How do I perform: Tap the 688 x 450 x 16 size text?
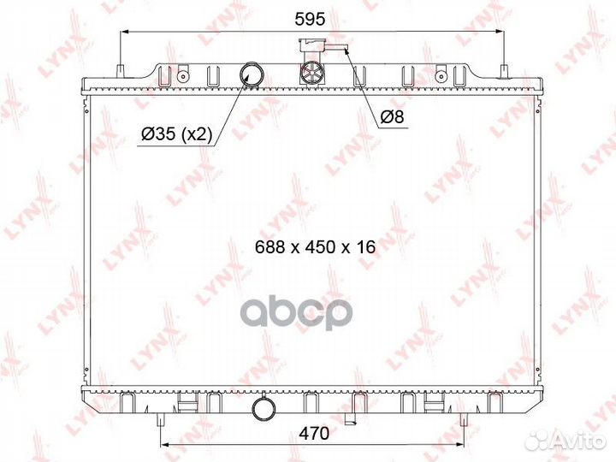point(316,246)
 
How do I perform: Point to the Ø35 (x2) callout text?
point(176,133)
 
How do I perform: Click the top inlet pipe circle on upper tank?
point(252,74)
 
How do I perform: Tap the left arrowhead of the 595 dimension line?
point(125,32)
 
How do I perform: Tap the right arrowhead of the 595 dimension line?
point(502,32)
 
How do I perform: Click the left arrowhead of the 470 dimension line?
point(165,446)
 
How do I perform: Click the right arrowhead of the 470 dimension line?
point(461,446)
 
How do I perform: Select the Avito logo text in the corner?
point(575,441)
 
